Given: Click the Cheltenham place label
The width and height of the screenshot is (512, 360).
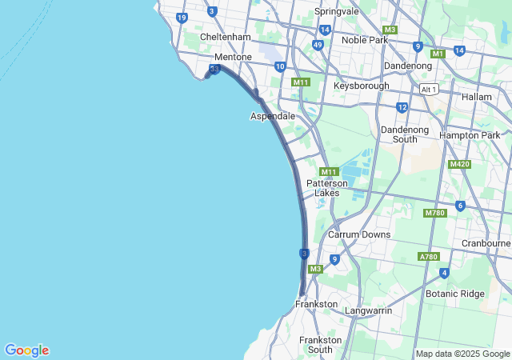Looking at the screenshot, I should pos(225,37).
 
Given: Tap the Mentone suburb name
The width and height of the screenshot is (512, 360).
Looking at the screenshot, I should pos(233,58).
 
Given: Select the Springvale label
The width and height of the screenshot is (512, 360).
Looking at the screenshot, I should pos(336,12).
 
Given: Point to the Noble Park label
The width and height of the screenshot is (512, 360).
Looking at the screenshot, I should pos(364,40).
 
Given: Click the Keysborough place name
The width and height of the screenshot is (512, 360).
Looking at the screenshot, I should pos(361,86).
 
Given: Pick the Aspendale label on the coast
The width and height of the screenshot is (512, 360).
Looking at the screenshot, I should pos(273,116).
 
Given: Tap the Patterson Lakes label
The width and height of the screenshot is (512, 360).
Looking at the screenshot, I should pos(326,188).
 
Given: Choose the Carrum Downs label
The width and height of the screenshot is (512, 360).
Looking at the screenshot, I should pos(359,234).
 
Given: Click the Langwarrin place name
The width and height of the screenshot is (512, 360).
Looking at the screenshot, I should pos(368,310).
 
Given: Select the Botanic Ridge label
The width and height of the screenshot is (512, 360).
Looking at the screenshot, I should pos(455,294).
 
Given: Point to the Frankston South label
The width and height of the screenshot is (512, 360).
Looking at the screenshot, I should pos(320,345).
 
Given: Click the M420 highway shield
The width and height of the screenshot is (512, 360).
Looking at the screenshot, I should pos(459,164).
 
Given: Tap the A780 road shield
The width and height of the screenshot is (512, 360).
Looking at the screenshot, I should pos(428,257).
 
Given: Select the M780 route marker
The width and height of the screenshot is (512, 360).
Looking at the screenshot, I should pos(434,213).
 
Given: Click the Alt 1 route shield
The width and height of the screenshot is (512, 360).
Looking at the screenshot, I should pos(429,90).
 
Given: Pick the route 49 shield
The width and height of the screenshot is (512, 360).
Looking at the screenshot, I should pos(318,46).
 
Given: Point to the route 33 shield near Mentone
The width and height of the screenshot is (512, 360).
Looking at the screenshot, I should pos(214,70).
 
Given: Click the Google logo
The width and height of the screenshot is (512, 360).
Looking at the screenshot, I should pos(26,350).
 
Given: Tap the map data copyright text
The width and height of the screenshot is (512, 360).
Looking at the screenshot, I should pos(462,354).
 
